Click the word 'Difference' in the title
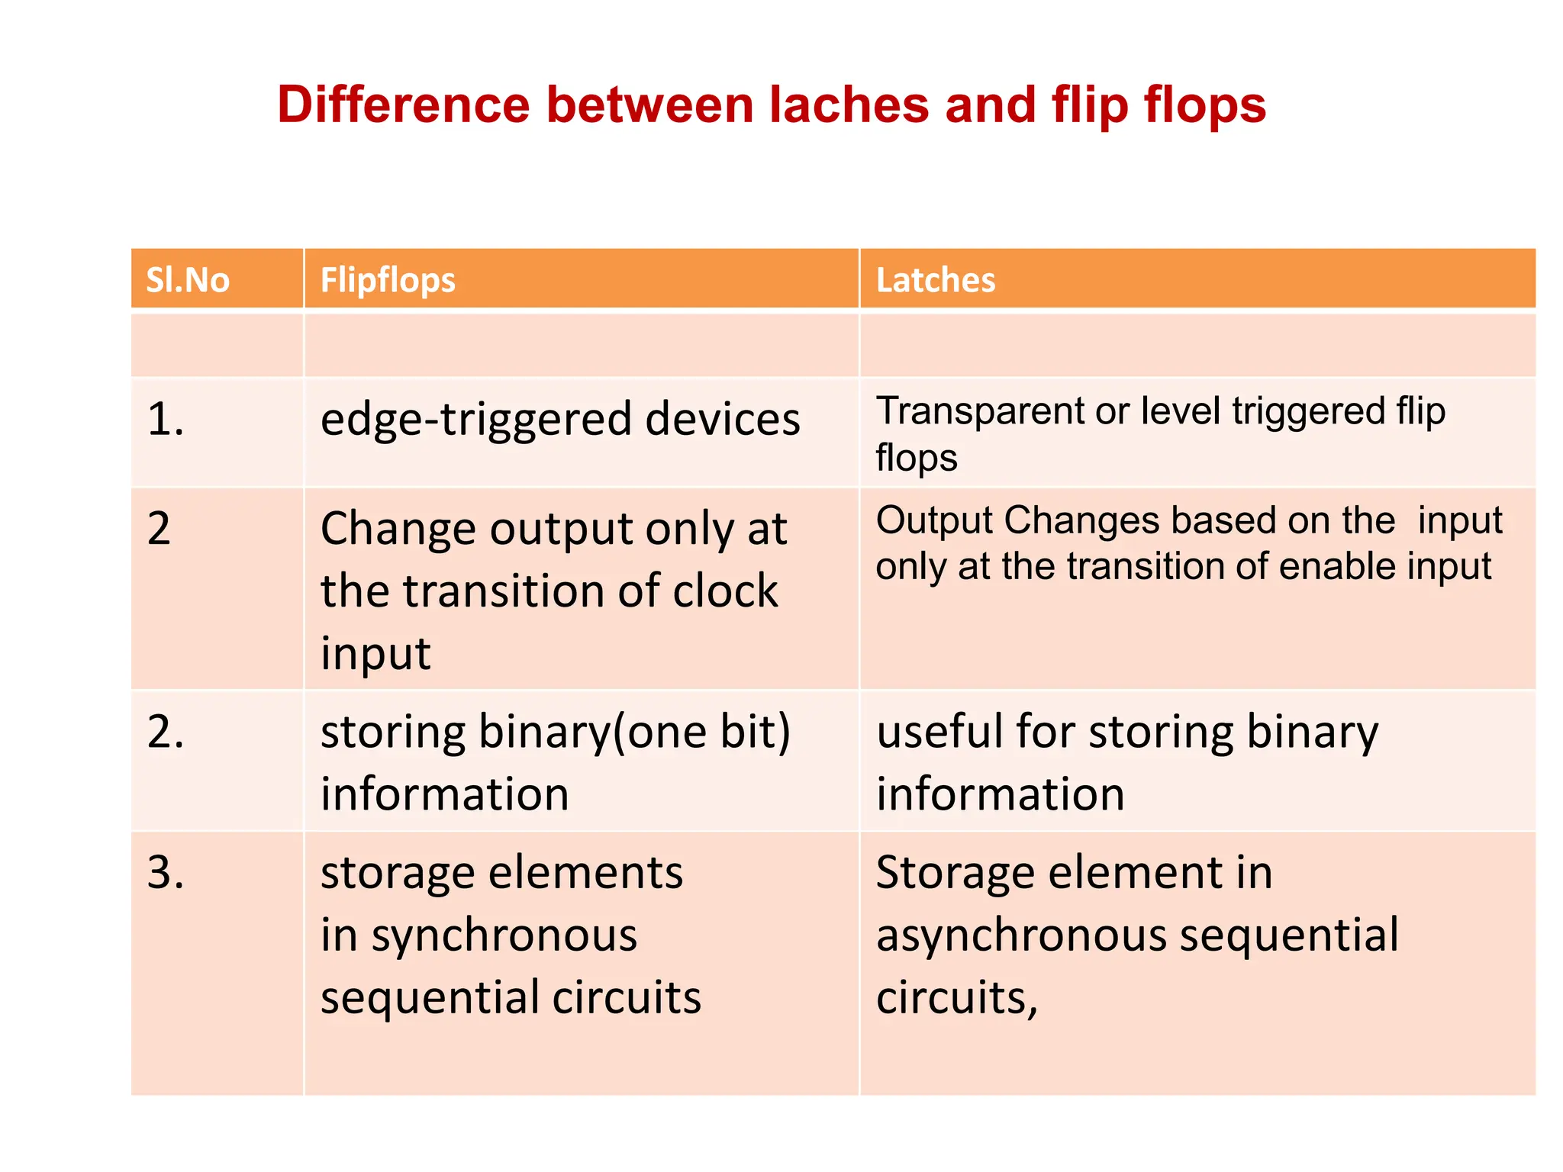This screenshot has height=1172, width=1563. click(x=403, y=105)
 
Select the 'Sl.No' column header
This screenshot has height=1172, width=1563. click(x=188, y=280)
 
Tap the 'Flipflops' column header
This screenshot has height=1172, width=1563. click(x=388, y=280)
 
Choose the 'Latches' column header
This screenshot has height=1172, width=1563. click(x=936, y=280)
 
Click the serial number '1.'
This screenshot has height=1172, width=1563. click(x=166, y=420)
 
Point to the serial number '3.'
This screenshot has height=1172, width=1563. click(x=166, y=872)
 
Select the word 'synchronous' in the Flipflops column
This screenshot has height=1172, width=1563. click(x=504, y=936)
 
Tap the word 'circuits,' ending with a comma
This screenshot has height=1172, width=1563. click(x=957, y=998)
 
